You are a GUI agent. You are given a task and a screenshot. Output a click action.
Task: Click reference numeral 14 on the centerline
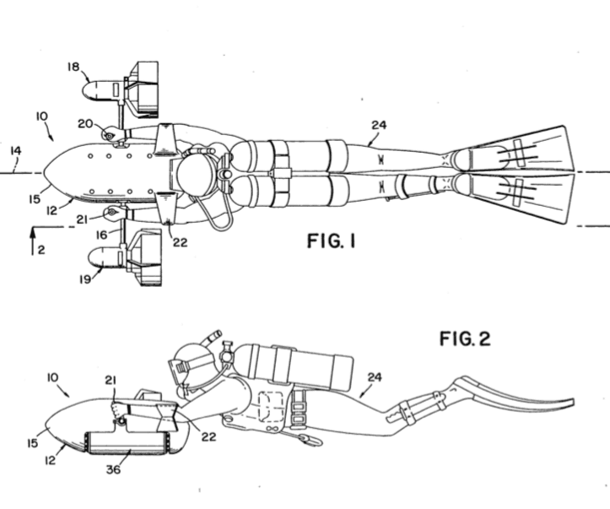point(15,152)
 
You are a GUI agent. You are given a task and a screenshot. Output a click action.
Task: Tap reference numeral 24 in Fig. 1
point(380,126)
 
